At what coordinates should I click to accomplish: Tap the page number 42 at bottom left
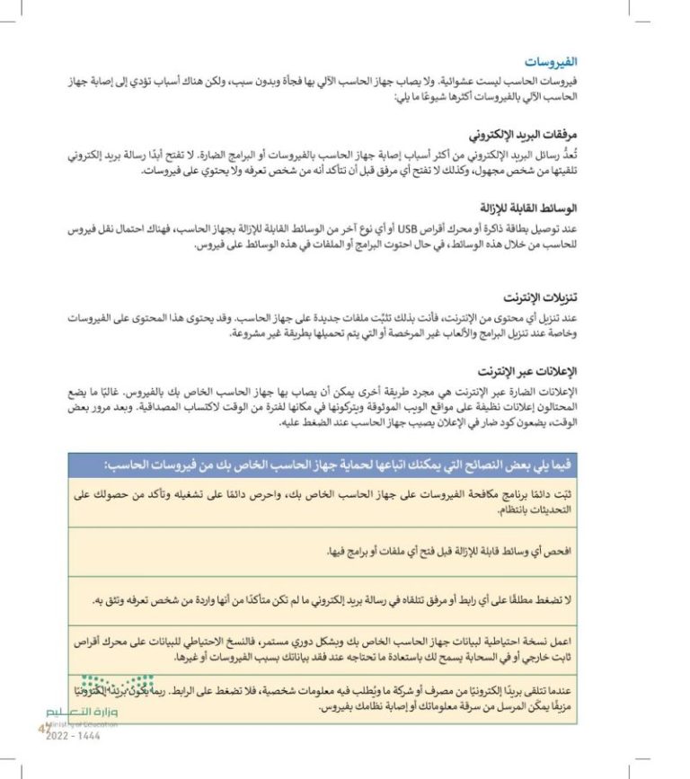coord(43,728)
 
